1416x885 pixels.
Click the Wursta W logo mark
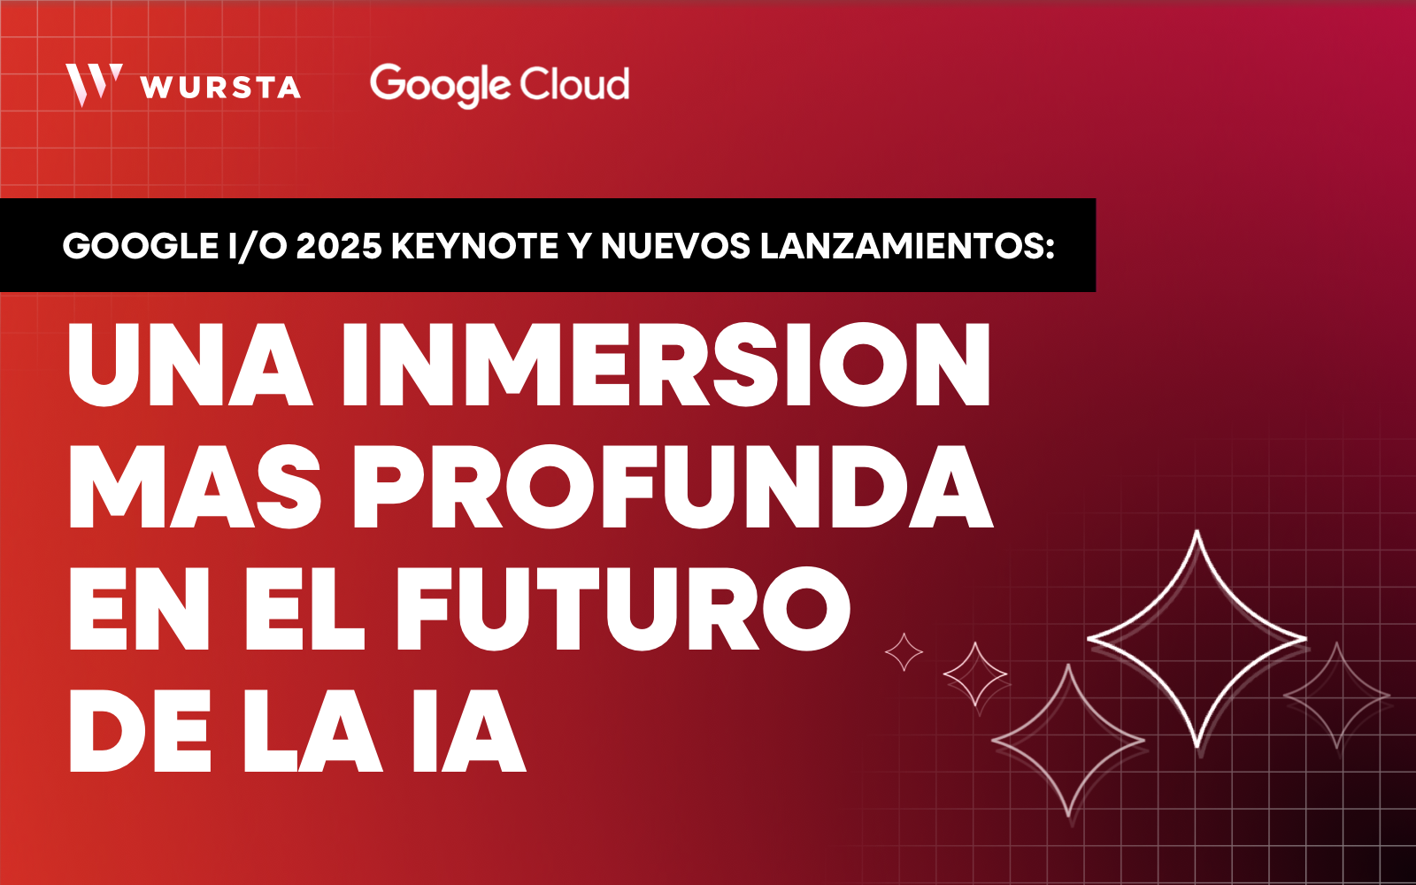[94, 85]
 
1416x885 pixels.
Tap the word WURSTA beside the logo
[220, 88]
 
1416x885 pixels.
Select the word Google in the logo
[440, 85]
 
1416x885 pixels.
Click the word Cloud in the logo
[574, 83]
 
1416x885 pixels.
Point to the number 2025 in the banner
[339, 245]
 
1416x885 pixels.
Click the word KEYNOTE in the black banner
[474, 245]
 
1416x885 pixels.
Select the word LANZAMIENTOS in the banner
[901, 245]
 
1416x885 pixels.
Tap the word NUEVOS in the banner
[675, 245]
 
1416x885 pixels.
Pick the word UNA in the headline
[189, 364]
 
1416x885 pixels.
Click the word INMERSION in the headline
[666, 364]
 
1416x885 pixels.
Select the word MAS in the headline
[195, 486]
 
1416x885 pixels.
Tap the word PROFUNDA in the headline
[673, 486]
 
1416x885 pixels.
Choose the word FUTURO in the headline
[623, 608]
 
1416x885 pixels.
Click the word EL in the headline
[304, 608]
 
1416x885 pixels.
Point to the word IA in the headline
[469, 731]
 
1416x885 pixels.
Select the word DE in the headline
[139, 731]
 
